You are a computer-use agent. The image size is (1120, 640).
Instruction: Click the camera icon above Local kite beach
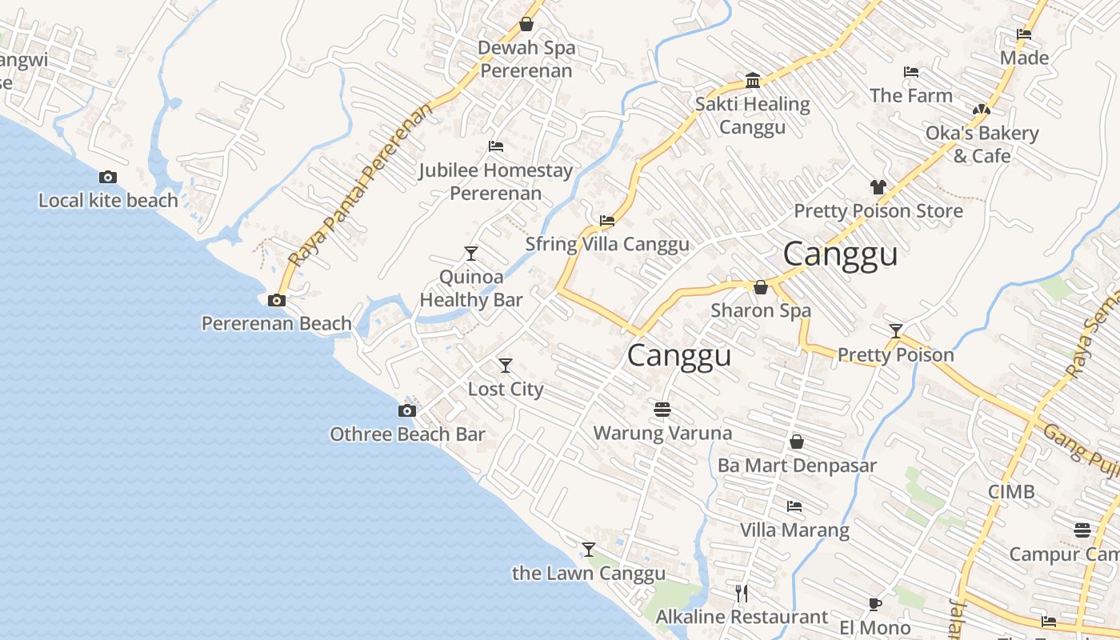click(x=107, y=178)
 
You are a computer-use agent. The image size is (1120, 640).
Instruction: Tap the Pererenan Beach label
click(x=276, y=323)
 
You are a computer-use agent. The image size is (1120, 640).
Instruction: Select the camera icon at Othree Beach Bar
click(x=406, y=411)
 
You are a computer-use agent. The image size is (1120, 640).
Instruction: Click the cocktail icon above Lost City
click(x=505, y=366)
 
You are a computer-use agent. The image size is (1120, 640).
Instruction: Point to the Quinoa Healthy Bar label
click(x=471, y=289)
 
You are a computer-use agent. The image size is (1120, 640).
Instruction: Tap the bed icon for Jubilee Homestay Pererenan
click(x=495, y=146)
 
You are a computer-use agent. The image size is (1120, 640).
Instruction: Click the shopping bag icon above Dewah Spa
click(x=526, y=24)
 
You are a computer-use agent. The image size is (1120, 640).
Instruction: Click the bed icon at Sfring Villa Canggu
click(x=606, y=221)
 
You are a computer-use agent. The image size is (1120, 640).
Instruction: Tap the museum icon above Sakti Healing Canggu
click(x=752, y=81)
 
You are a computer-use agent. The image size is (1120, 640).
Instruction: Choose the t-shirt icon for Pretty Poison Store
click(x=878, y=187)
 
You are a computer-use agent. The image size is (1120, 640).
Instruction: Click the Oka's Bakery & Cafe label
click(x=982, y=144)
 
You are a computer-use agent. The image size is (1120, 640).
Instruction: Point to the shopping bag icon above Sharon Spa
click(x=760, y=287)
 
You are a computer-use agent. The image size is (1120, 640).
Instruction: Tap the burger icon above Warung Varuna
click(x=662, y=410)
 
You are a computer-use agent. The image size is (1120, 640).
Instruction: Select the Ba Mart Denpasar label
click(x=797, y=466)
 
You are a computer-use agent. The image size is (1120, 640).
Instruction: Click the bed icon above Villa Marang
click(x=794, y=506)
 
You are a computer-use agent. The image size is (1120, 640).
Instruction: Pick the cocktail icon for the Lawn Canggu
click(x=588, y=550)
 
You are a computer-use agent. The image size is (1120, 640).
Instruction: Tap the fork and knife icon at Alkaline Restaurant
click(x=741, y=593)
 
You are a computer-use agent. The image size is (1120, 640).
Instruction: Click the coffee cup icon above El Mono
click(x=874, y=604)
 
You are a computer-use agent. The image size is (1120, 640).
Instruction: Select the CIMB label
click(x=1011, y=491)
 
